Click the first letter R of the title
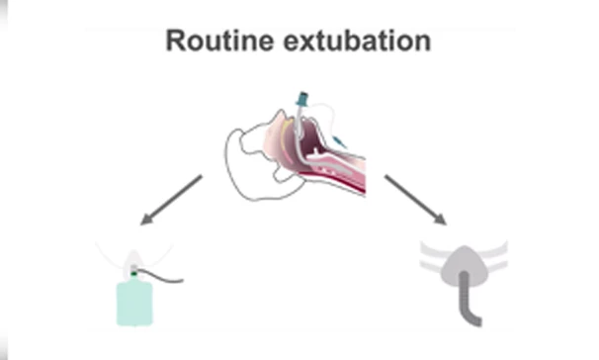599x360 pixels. [175, 42]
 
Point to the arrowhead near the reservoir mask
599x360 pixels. [147, 219]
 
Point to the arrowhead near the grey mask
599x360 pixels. [440, 219]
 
